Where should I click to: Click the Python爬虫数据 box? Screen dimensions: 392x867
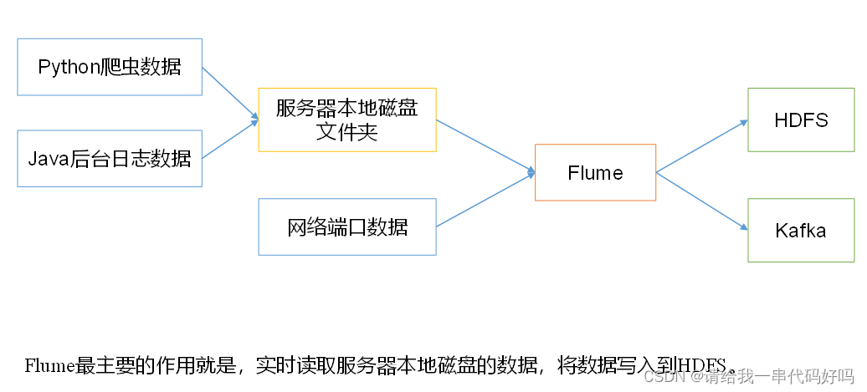[110, 67]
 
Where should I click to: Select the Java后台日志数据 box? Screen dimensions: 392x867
[110, 158]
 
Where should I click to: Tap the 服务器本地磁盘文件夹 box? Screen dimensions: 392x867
[347, 120]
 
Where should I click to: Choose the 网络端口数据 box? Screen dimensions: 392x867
[347, 227]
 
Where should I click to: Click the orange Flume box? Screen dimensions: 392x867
[595, 173]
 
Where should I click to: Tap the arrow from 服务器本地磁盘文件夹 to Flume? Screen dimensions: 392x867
[485, 146]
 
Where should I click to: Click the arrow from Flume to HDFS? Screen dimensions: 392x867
[701, 146]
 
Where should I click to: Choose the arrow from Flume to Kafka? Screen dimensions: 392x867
[701, 201]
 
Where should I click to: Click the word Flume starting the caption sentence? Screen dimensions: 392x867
[50, 365]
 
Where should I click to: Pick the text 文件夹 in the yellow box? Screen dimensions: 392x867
[347, 132]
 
